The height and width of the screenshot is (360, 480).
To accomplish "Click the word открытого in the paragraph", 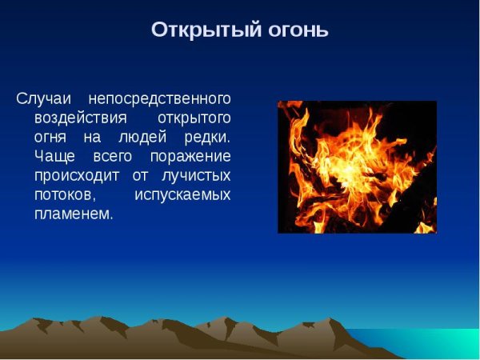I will coord(193,118).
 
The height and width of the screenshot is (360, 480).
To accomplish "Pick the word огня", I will coord(50,137).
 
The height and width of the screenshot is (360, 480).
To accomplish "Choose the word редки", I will coord(208,137).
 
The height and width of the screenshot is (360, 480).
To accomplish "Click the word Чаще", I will coord(53,156).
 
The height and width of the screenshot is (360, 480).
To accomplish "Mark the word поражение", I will coord(192,156).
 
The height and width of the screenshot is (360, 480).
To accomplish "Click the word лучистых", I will coord(196,175).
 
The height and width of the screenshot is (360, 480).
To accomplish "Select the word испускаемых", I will coord(182,194).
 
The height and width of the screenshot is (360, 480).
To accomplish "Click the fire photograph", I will coord(357,166).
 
